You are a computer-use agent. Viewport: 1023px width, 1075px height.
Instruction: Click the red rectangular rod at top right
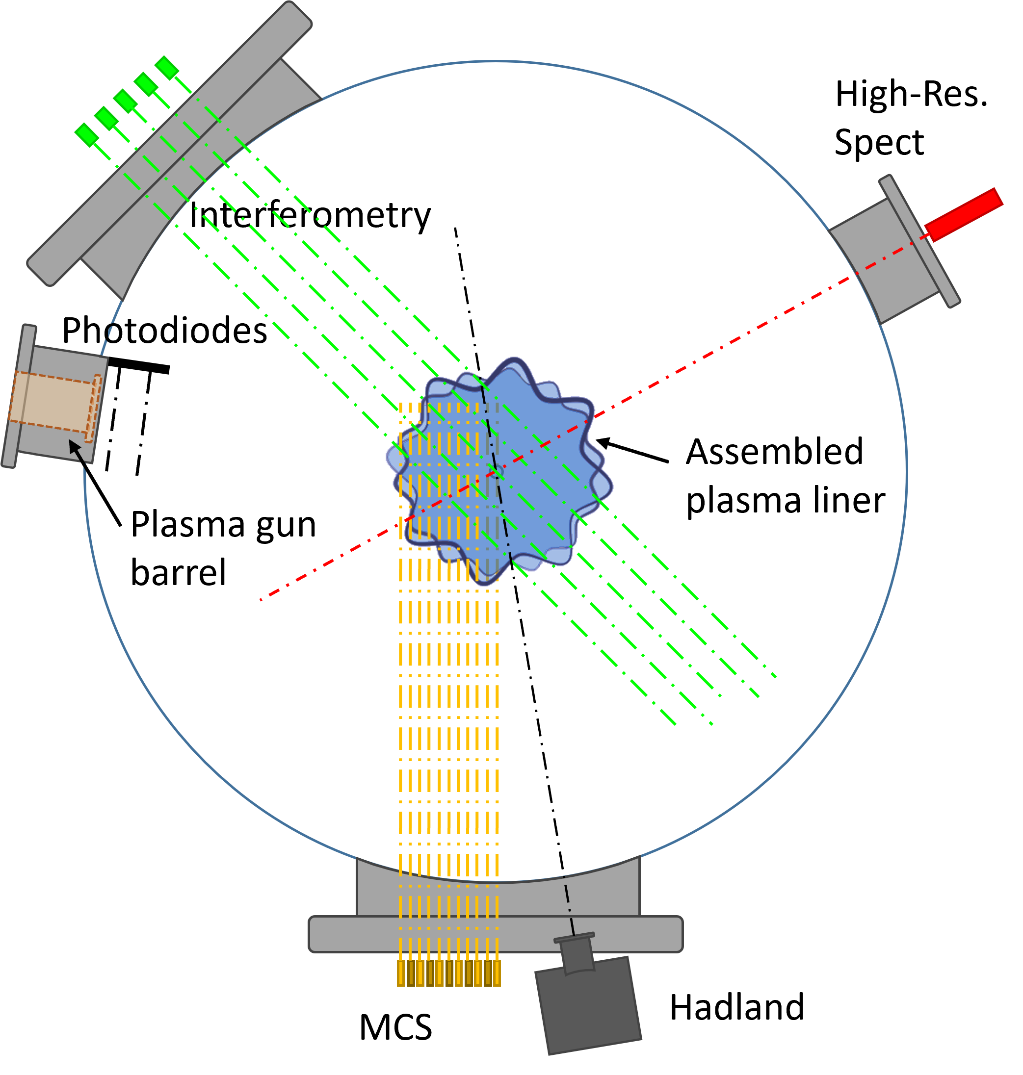point(964,214)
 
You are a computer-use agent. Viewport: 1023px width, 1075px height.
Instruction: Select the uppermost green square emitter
point(167,68)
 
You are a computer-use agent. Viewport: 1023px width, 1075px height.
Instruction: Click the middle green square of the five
point(126,101)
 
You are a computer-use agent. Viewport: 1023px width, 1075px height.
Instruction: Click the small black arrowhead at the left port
point(74,446)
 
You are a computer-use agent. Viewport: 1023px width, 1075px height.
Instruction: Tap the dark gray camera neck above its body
point(576,954)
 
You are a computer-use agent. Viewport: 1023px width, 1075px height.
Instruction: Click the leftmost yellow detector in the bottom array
point(401,973)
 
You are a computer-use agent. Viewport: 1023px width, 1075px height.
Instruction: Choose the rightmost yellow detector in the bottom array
point(497,973)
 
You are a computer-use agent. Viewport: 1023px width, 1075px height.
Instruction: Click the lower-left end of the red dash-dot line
point(262,600)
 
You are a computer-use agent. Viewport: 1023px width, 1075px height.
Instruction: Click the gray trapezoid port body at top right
point(883,260)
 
